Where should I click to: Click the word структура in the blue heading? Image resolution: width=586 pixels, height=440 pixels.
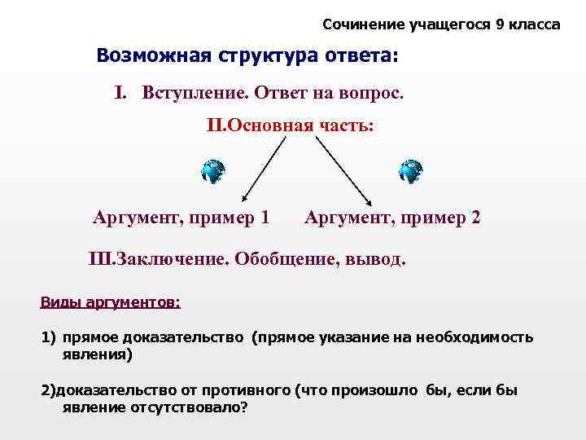click(264, 56)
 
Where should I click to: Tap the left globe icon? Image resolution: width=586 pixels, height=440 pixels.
click(212, 171)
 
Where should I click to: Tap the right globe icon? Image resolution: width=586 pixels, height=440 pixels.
click(410, 171)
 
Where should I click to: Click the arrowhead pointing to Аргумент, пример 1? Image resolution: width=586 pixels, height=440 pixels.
click(244, 199)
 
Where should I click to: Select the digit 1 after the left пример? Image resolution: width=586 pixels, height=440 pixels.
click(265, 218)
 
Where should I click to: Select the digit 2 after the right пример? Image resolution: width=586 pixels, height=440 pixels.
click(475, 218)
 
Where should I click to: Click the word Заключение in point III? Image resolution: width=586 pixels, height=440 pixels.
click(172, 259)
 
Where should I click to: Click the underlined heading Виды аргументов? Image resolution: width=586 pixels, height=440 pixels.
click(110, 302)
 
